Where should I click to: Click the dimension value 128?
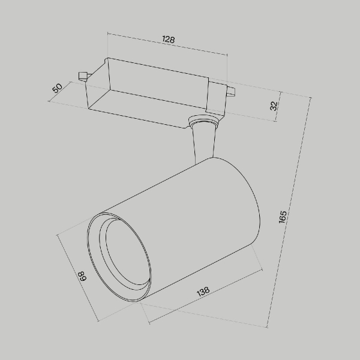pos(168,40)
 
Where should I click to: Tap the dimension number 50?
pos(58,88)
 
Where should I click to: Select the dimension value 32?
pos(274,106)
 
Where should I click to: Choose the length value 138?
pos(203,292)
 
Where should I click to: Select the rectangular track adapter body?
pos(150,90)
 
